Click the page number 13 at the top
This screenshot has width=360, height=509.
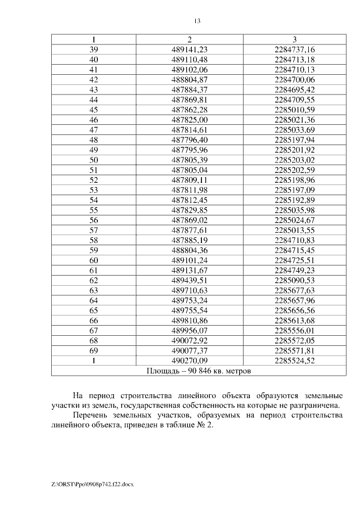197,21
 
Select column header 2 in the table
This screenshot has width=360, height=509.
190,39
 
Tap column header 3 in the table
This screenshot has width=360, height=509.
295,39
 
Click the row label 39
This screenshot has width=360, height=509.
94,49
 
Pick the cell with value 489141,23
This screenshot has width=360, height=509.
190,49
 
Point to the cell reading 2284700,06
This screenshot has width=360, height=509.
295,80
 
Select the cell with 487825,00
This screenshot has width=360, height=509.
190,120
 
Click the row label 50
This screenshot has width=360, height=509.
94,160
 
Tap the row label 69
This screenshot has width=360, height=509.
94,350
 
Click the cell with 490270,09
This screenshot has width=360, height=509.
190,361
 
